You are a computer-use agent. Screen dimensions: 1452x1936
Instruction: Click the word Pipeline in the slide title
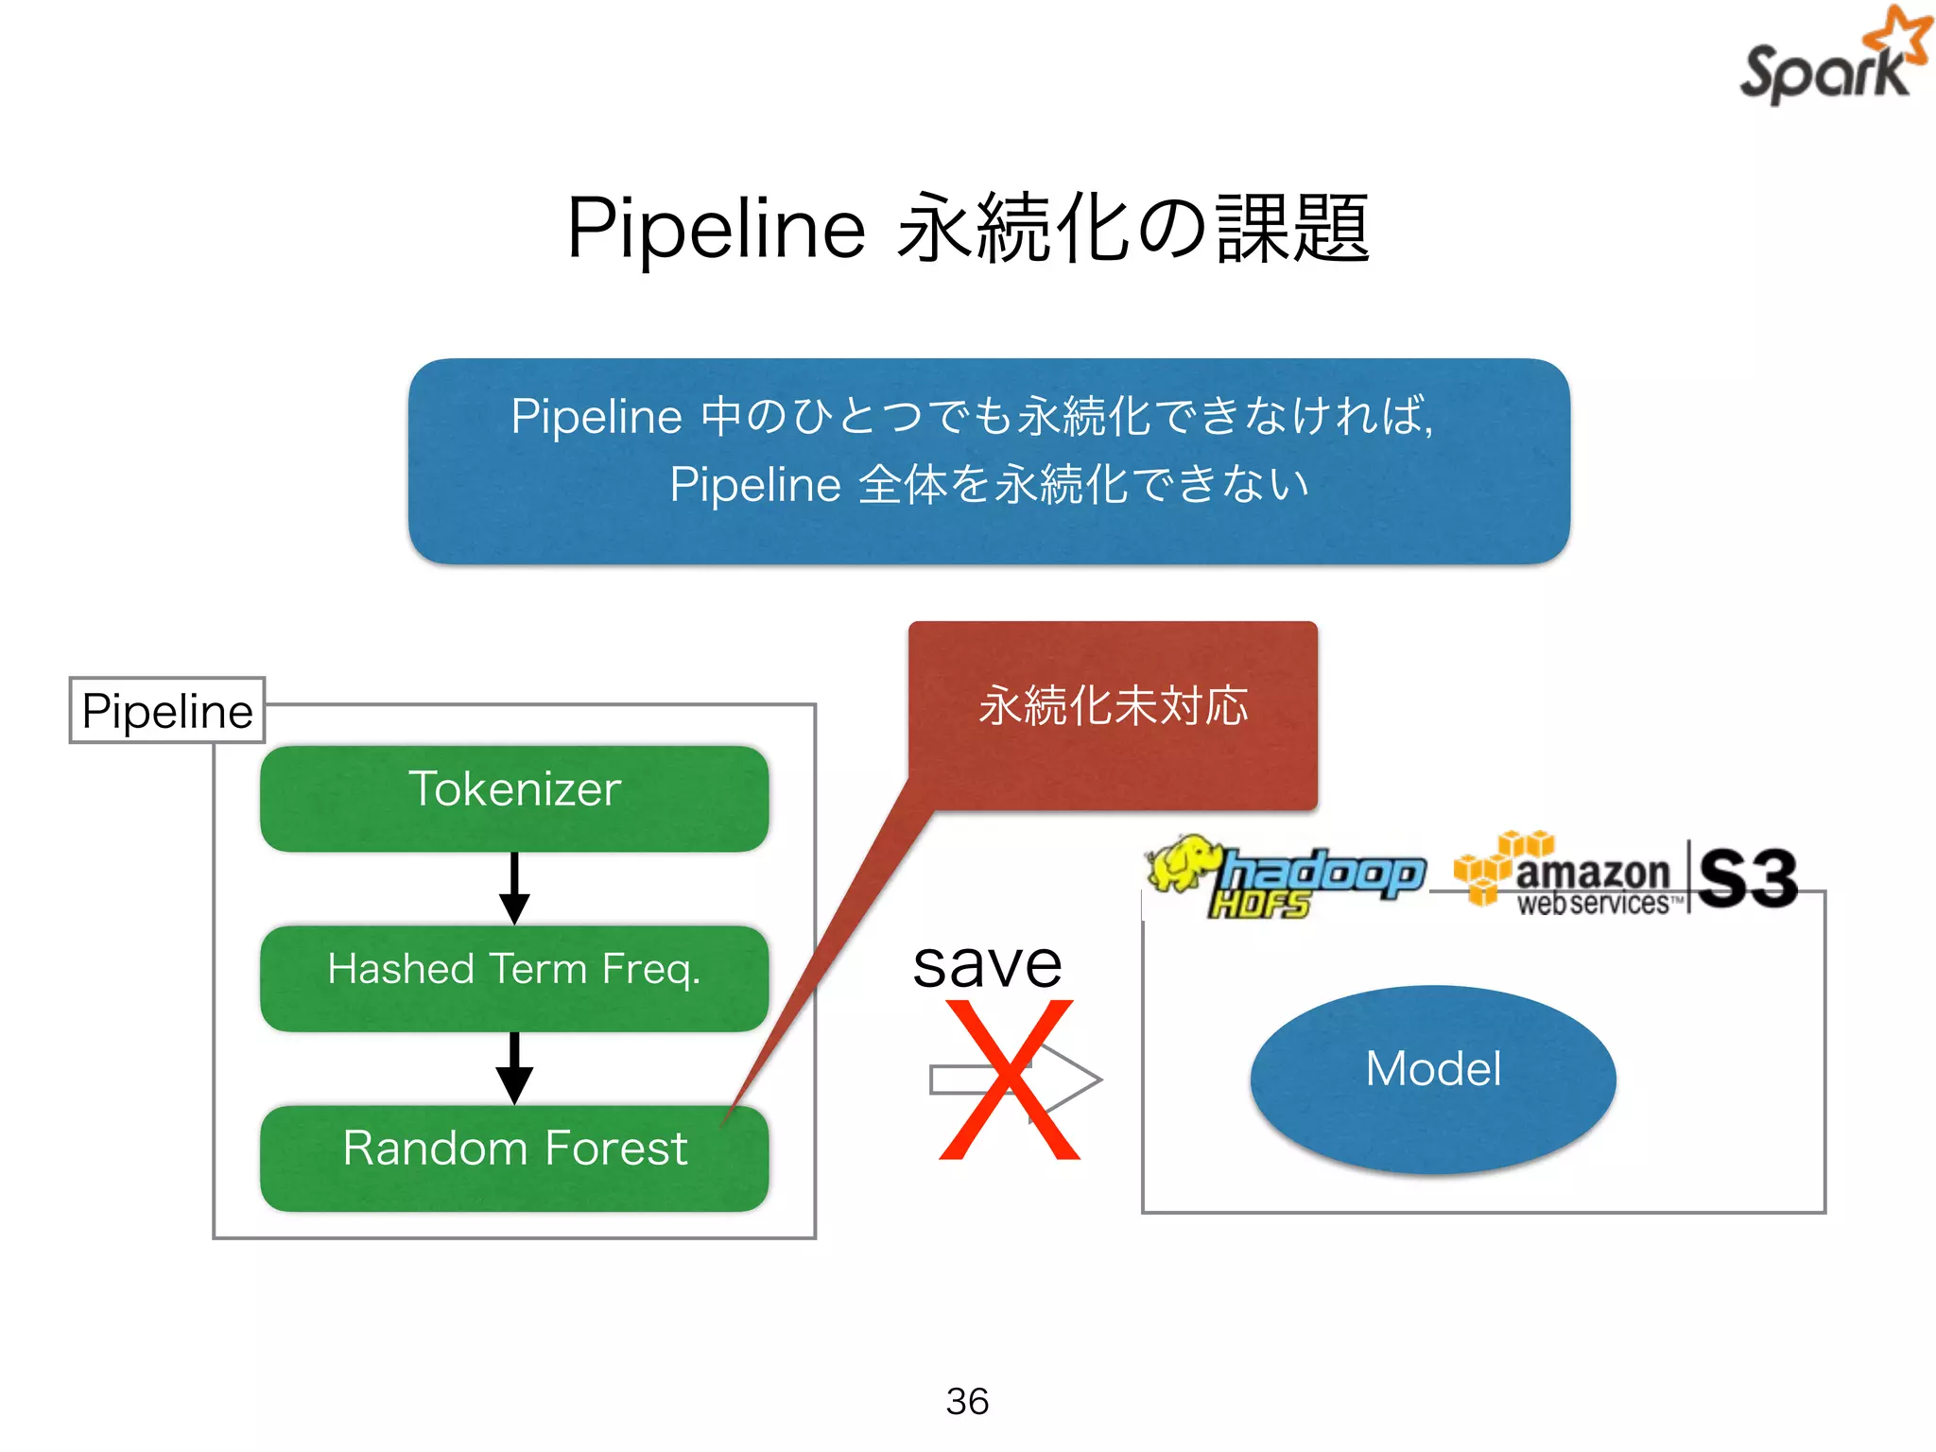click(x=716, y=229)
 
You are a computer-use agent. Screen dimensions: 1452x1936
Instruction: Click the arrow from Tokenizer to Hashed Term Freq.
click(x=514, y=888)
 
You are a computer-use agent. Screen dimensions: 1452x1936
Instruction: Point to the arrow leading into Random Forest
click(x=514, y=1067)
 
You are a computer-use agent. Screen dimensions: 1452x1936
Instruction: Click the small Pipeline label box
click(x=167, y=711)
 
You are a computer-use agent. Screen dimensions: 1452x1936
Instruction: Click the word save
click(x=987, y=964)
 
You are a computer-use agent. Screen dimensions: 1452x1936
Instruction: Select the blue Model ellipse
click(x=1432, y=1078)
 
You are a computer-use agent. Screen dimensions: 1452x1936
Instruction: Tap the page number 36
click(x=967, y=1401)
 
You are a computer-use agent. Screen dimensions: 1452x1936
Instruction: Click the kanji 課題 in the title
click(x=1293, y=229)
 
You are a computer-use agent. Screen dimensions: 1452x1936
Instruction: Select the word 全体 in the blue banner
click(x=902, y=485)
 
